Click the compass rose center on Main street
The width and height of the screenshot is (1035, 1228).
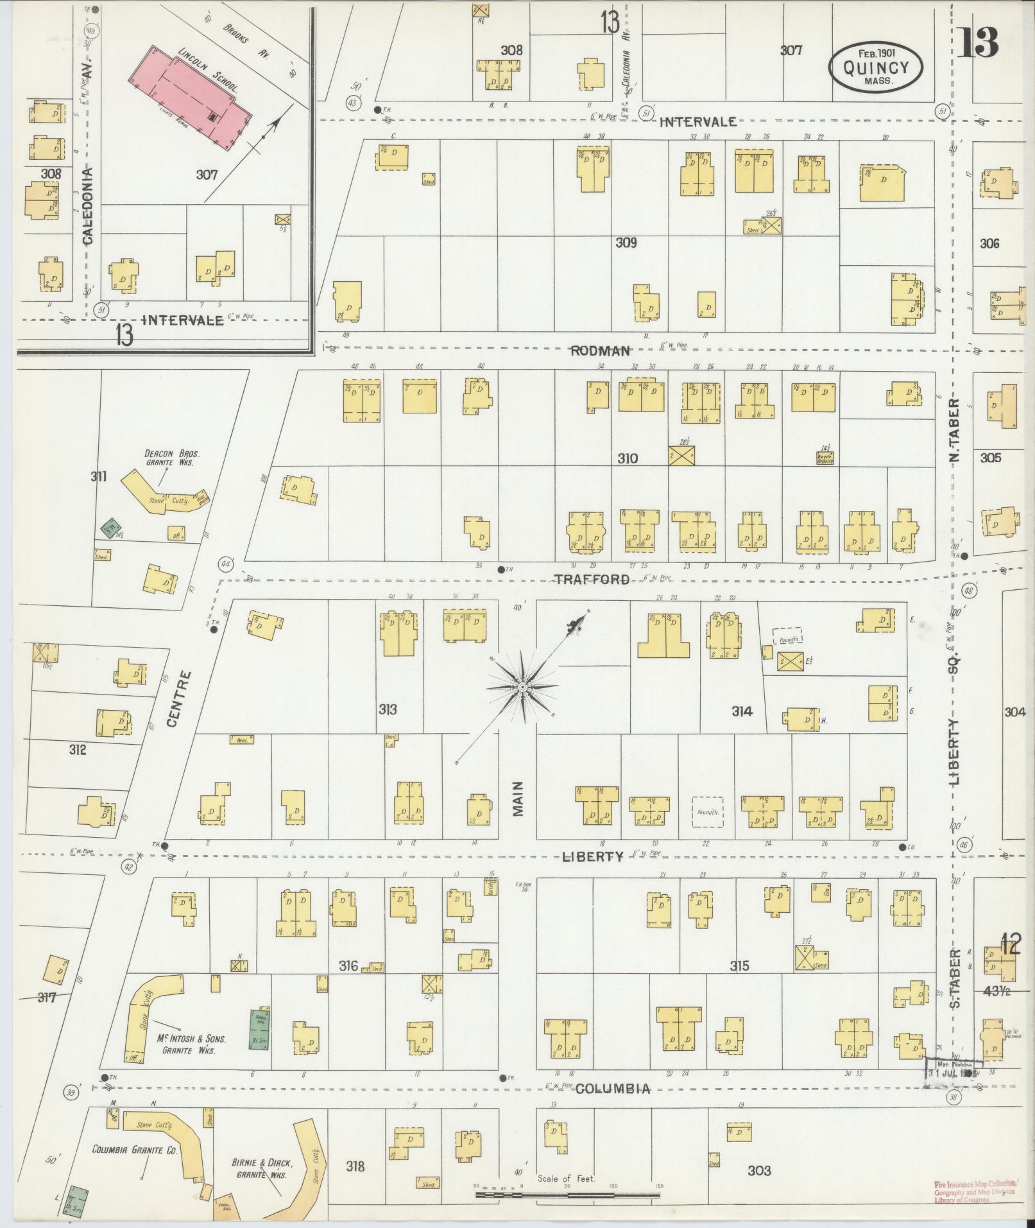click(522, 687)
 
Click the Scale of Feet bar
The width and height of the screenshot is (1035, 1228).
click(568, 1195)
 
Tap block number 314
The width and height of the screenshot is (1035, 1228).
click(741, 711)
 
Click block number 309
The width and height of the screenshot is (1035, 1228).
click(626, 243)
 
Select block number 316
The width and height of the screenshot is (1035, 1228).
click(348, 966)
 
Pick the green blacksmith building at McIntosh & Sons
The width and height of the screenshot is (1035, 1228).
click(259, 1029)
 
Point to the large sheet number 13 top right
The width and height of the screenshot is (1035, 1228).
click(977, 42)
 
